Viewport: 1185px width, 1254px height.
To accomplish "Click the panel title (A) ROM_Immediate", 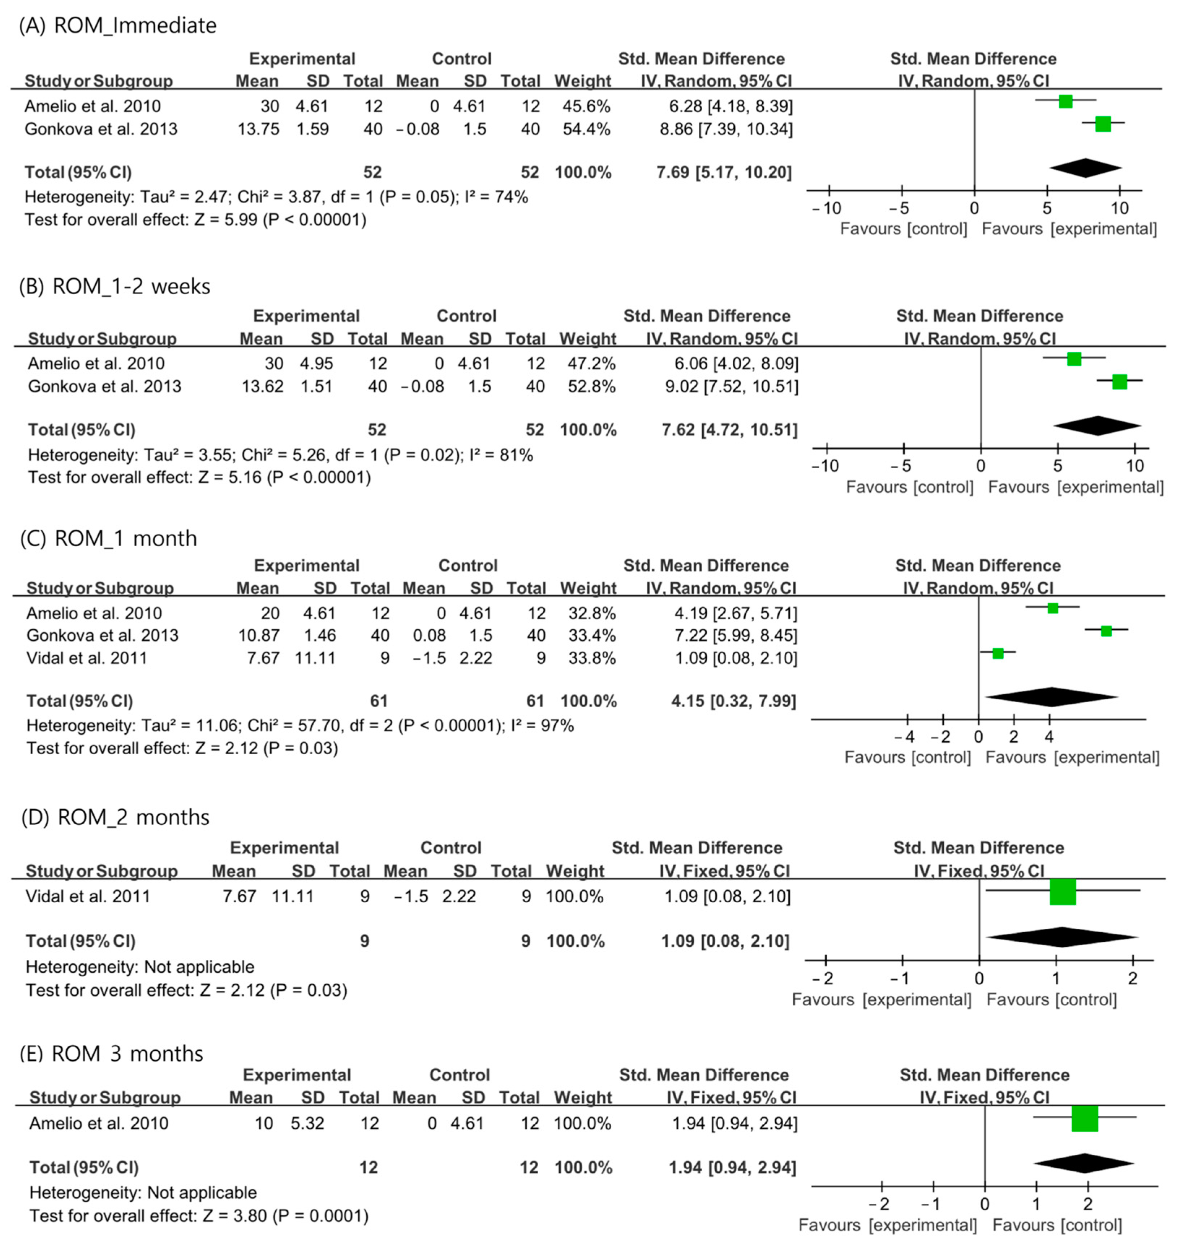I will (x=118, y=25).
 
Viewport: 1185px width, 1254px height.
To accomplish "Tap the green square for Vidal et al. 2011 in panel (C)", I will (x=998, y=654).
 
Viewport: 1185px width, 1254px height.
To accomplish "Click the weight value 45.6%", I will (x=586, y=106).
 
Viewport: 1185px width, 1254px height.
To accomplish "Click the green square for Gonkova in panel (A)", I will (x=1103, y=125).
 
